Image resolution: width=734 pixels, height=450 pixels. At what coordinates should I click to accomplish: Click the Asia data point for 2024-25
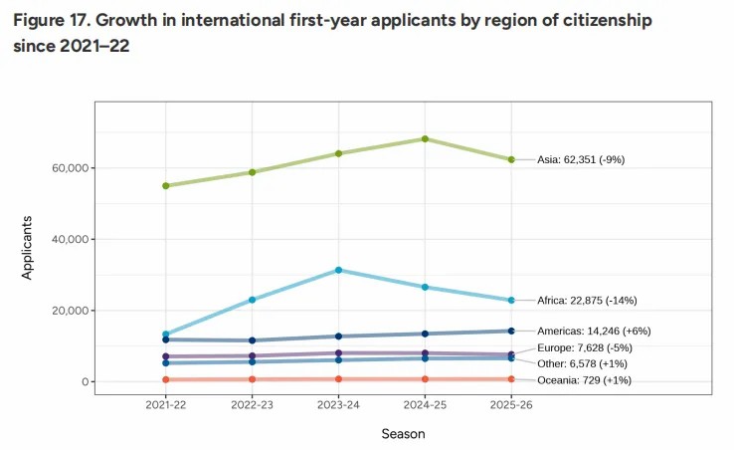425,138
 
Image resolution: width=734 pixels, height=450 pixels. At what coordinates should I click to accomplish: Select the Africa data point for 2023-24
338,270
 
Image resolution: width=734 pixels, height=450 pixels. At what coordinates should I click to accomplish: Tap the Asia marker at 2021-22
165,185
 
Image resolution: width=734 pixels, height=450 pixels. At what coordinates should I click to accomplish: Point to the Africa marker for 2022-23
252,300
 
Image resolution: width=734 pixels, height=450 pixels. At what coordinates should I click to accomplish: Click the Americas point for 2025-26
511,331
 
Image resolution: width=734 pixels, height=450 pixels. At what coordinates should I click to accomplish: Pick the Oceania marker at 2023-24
338,378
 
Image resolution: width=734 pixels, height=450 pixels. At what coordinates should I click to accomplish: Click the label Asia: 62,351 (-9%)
580,159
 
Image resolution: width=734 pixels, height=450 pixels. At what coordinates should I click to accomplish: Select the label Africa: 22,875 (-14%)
586,301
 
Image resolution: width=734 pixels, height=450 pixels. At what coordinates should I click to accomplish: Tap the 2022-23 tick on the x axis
252,405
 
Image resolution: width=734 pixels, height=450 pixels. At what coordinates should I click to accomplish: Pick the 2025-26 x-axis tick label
511,405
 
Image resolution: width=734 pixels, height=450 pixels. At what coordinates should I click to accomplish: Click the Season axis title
403,434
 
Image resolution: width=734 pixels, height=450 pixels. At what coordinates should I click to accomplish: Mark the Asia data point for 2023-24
338,153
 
